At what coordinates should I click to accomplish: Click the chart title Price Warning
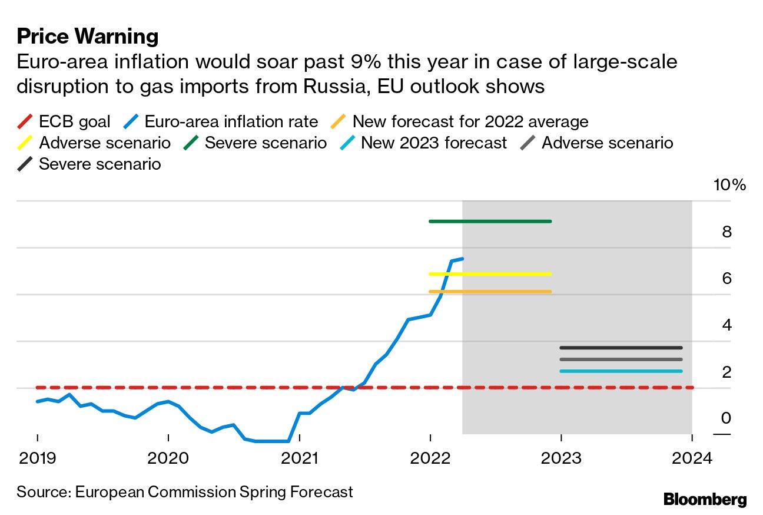(88, 37)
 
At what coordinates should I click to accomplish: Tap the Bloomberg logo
(705, 500)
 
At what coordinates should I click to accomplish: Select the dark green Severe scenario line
(490, 222)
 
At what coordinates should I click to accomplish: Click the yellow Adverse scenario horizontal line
(490, 274)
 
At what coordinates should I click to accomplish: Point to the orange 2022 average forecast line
(490, 292)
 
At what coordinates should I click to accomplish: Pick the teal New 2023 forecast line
(621, 371)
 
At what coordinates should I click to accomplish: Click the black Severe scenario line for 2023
(621, 348)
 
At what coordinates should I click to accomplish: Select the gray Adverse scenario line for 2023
(621, 359)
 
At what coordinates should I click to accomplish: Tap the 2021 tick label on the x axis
(299, 458)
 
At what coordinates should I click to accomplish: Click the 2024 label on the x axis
(692, 458)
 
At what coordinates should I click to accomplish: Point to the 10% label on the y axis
(729, 185)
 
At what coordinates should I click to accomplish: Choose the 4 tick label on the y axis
(726, 325)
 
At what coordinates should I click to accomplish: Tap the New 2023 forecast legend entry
(433, 143)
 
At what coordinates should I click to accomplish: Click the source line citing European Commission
(185, 492)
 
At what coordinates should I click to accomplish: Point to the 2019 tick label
(37, 458)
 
